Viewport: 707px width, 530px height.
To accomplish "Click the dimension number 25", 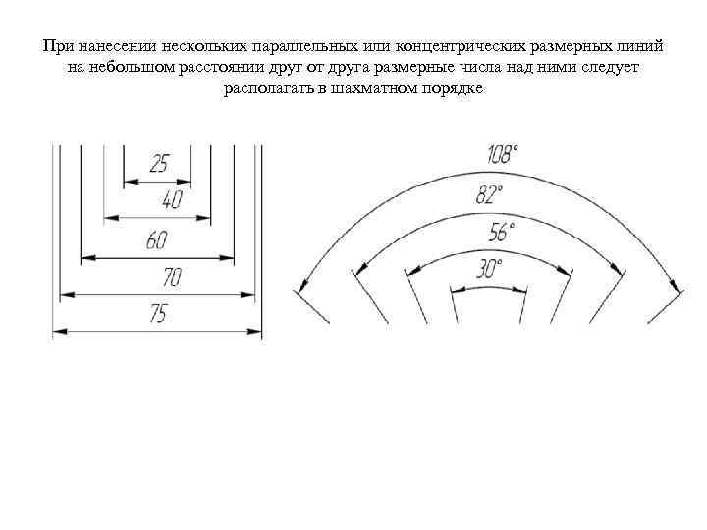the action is [157, 163].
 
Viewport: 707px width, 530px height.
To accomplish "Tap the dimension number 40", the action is [172, 200].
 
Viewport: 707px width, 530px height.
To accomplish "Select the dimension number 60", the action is [157, 239].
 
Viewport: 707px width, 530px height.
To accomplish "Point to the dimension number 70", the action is [172, 278].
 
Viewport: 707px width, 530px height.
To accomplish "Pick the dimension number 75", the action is [157, 314].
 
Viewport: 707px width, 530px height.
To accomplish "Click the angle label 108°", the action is [503, 154].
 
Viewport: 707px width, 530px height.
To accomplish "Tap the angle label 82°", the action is [489, 194].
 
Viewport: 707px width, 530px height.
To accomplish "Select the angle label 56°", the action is [502, 232].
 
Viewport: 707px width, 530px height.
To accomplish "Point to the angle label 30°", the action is [489, 267].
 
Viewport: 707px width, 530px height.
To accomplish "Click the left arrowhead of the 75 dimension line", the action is [60, 331].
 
